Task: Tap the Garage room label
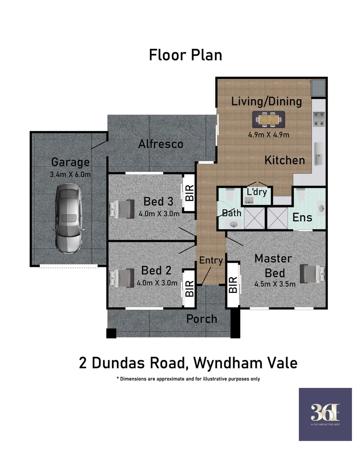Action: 70,162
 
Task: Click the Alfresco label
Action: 161,144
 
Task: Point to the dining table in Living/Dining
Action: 268,120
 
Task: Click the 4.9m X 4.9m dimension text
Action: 268,134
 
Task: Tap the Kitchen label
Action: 285,160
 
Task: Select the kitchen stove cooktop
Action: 318,118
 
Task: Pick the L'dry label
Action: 257,193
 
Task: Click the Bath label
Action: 231,213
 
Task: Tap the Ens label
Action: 302,217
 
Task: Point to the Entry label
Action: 211,260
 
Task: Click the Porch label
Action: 202,319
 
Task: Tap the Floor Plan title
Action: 185,55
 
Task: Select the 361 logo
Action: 325,414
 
